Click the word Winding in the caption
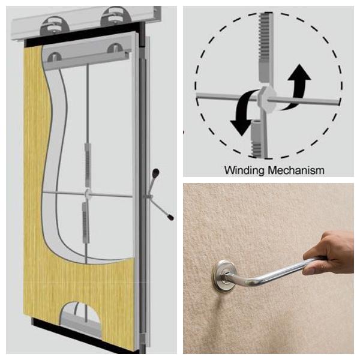[x=245, y=170]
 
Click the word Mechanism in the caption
[x=296, y=170]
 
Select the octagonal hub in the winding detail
[x=266, y=98]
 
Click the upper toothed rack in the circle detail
[x=266, y=47]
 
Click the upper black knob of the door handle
[x=155, y=172]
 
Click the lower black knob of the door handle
[x=170, y=217]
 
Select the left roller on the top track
[x=54, y=26]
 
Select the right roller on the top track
[x=115, y=16]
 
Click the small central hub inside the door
[x=88, y=194]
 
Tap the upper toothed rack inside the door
[x=88, y=164]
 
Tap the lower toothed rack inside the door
[x=85, y=222]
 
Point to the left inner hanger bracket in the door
[x=54, y=57]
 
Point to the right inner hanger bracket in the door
[x=114, y=48]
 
